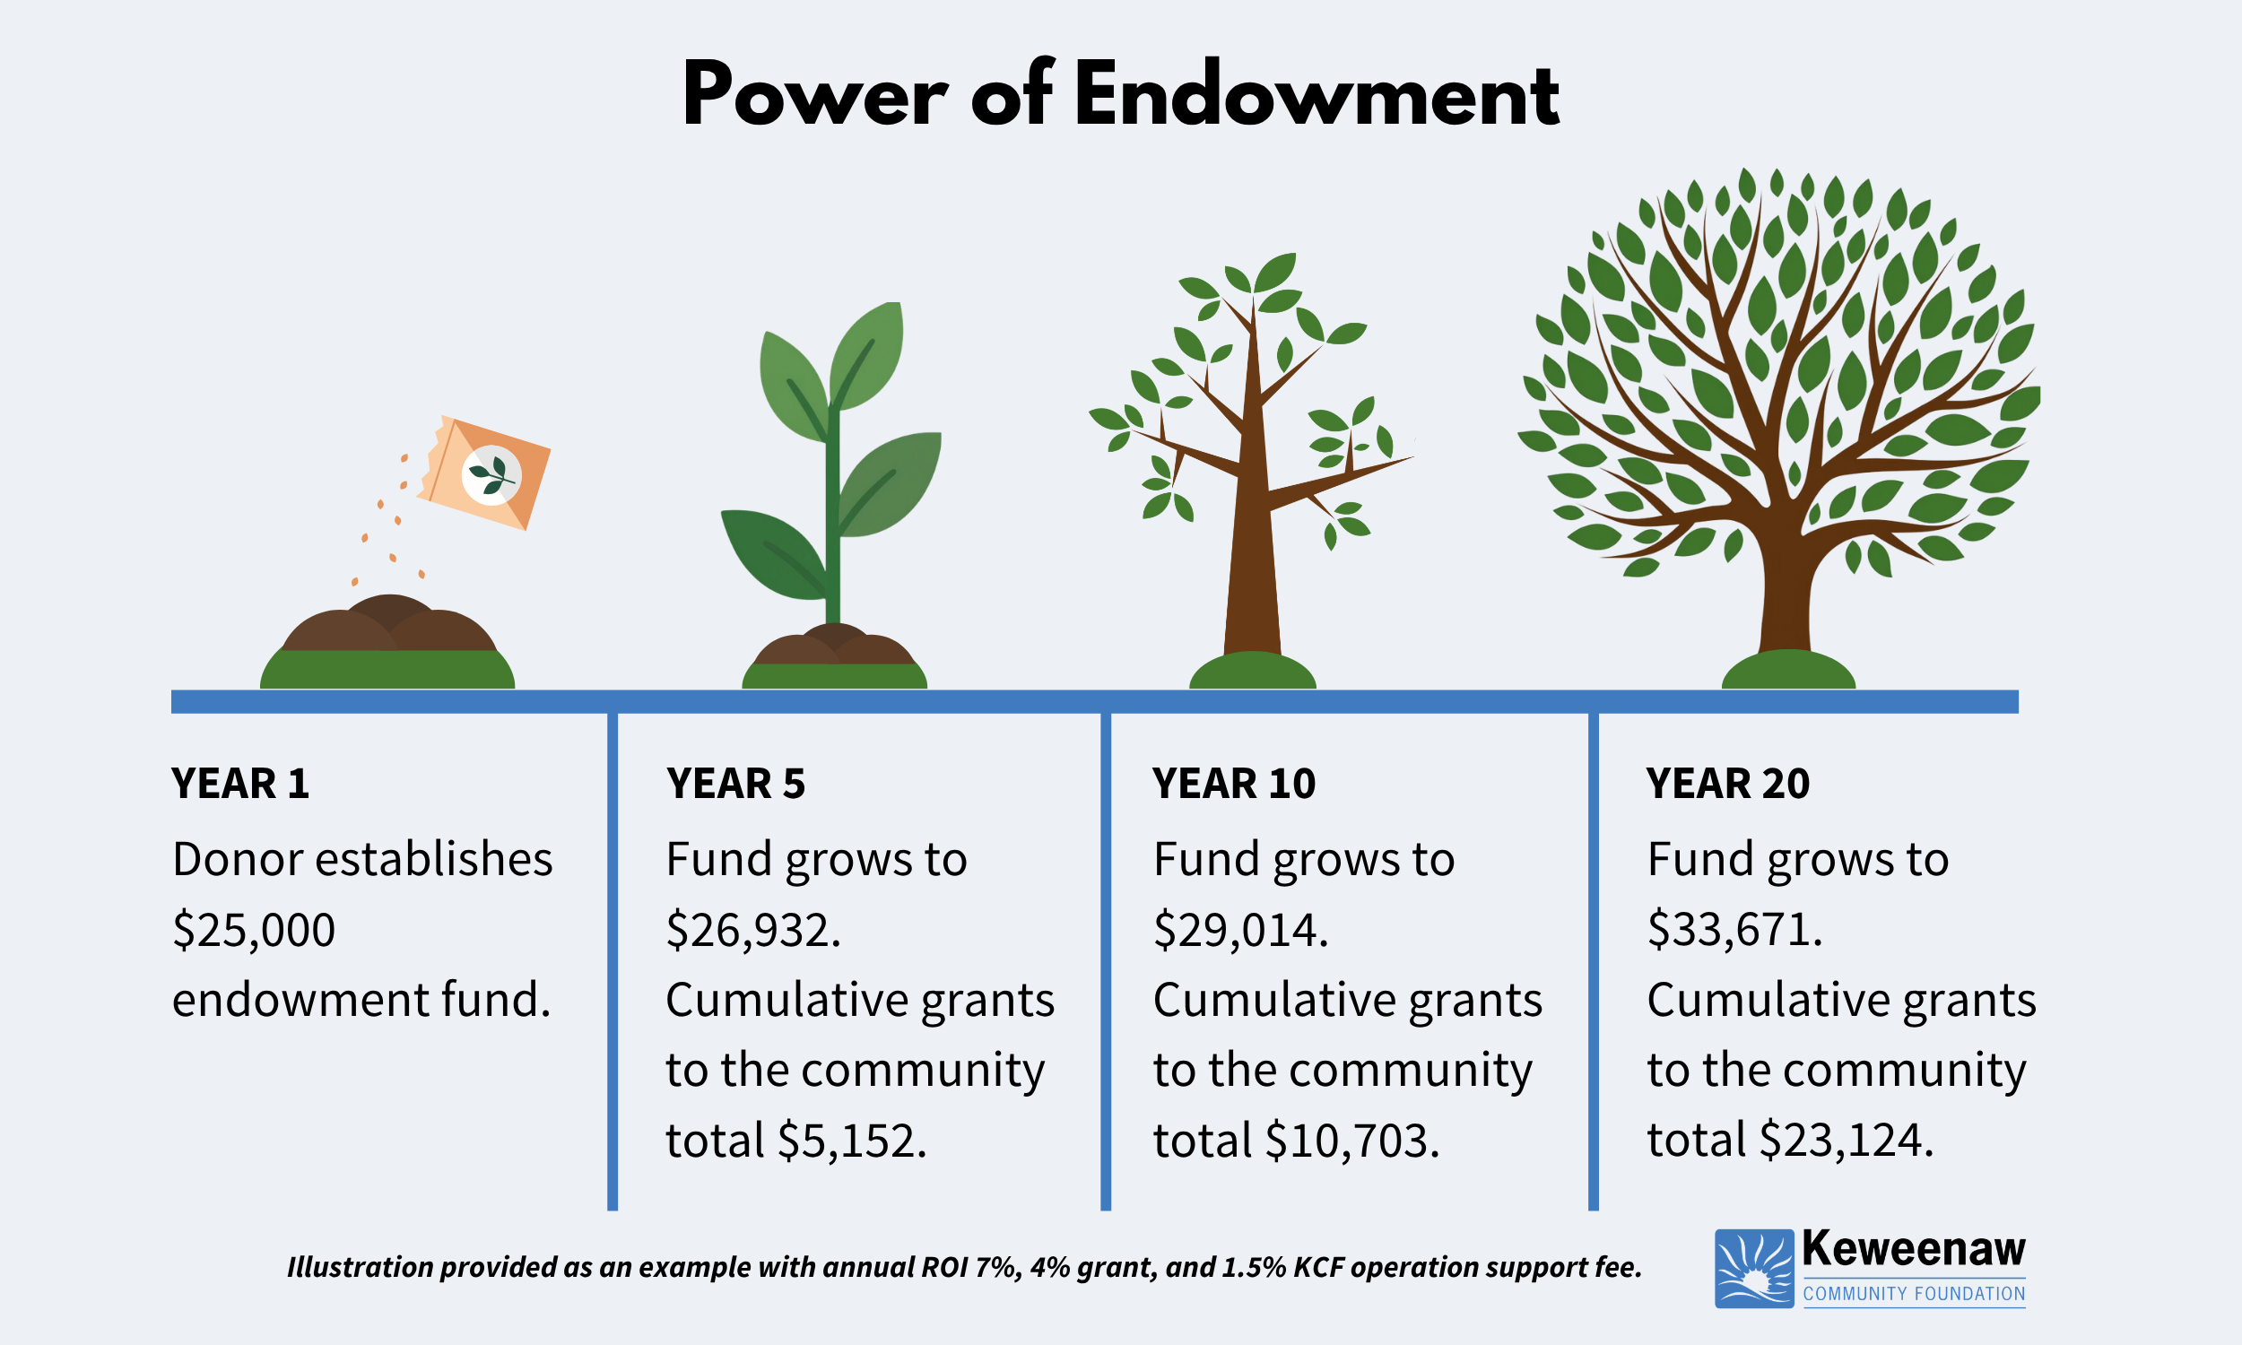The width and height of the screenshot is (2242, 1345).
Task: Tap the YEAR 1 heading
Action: [x=240, y=784]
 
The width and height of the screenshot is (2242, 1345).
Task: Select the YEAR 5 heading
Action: [x=735, y=784]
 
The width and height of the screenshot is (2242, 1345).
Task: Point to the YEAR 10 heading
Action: [x=1233, y=784]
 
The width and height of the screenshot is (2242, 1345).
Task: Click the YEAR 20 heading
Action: [x=1727, y=784]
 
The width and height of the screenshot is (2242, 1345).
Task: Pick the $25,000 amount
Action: [x=254, y=931]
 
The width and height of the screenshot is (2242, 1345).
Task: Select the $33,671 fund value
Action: [x=1732, y=931]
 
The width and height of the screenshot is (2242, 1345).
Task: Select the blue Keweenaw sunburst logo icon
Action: [x=1753, y=1268]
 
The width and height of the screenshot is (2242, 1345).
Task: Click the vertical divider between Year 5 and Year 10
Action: [x=1106, y=960]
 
